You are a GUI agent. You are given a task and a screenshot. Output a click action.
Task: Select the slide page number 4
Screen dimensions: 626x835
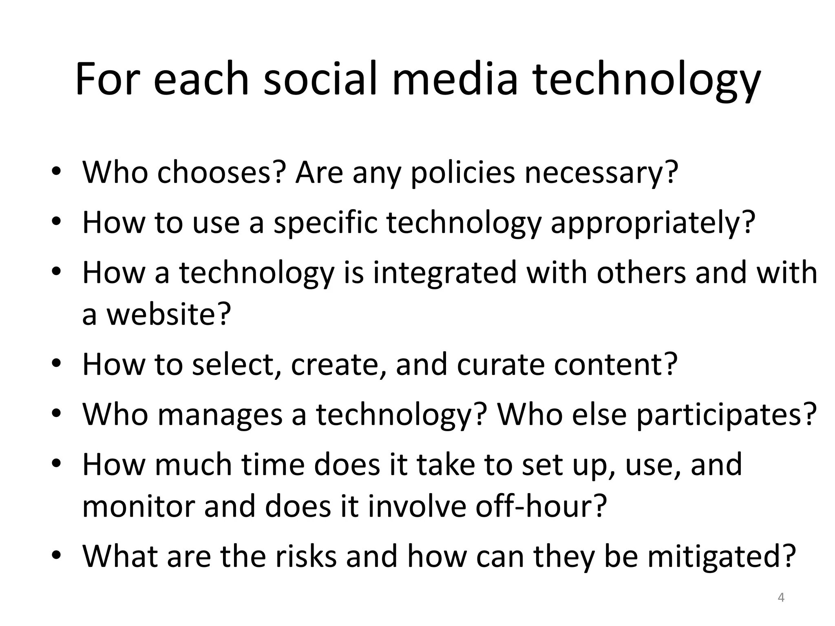click(x=781, y=597)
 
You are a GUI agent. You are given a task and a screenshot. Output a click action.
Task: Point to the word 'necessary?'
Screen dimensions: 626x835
click(x=601, y=173)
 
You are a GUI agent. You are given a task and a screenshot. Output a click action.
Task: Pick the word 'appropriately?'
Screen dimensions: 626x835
click(x=653, y=223)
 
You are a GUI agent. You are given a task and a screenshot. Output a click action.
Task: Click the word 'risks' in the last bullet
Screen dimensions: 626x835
click(x=306, y=556)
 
